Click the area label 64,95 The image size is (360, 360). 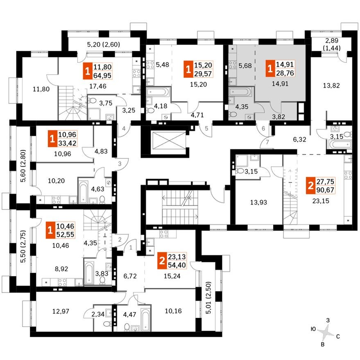(x=102, y=75)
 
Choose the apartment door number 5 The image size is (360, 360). (x=207, y=128)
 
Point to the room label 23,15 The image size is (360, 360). (x=321, y=201)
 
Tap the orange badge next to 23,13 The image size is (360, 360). (x=163, y=261)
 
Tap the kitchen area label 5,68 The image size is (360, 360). (x=245, y=65)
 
